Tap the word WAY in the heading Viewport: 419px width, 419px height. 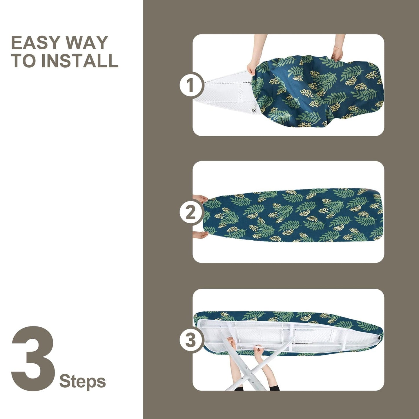(87, 43)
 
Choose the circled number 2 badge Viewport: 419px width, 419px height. (191, 213)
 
